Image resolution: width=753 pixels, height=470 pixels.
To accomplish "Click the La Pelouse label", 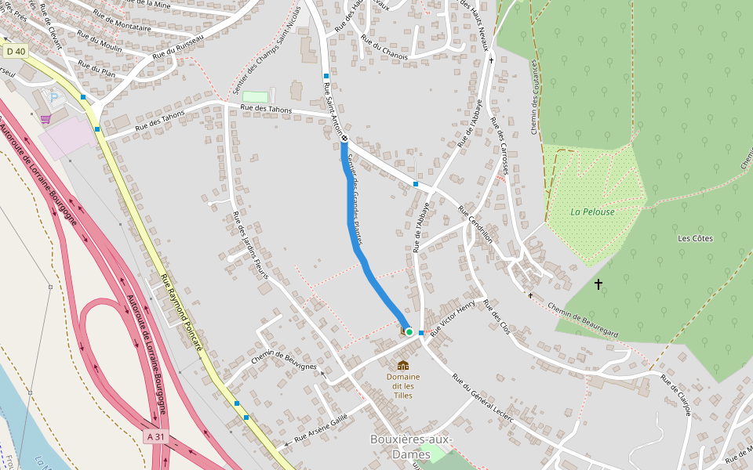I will tap(592, 211).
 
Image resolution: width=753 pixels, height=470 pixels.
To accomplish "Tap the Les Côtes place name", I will tap(695, 238).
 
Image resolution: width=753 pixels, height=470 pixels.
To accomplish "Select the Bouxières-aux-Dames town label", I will tap(411, 446).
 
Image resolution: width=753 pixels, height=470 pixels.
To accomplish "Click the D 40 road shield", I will tap(16, 51).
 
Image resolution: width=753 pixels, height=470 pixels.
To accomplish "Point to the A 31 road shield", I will tap(156, 436).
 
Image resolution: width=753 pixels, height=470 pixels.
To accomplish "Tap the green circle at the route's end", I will tap(409, 332).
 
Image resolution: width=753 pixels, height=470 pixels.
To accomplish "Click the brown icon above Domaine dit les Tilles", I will tap(403, 364).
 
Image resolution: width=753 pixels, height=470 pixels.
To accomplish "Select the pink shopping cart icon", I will tap(45, 119).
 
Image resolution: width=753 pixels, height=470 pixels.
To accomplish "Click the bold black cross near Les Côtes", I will tap(598, 284).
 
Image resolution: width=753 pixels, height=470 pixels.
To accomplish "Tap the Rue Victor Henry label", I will tap(453, 317).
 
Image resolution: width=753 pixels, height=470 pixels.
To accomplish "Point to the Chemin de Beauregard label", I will tap(583, 320).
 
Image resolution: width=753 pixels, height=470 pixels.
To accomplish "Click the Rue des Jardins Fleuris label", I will tap(249, 245).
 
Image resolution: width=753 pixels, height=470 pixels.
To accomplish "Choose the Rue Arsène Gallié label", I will tap(321, 428).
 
